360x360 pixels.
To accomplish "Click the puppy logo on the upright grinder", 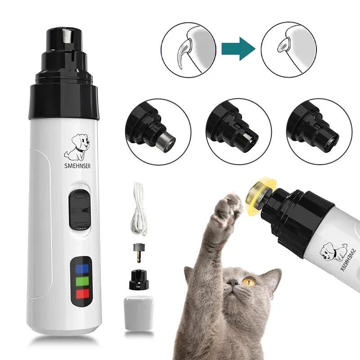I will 77,146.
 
